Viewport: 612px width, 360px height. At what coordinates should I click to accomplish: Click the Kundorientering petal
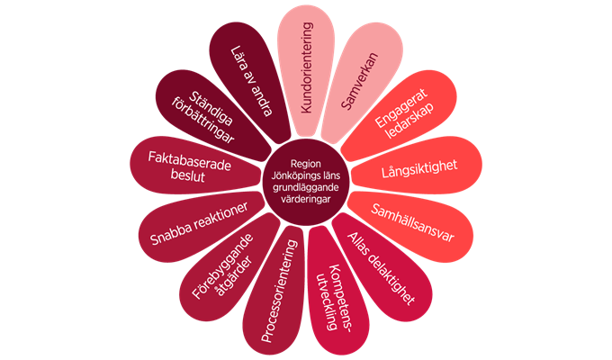[x=306, y=70]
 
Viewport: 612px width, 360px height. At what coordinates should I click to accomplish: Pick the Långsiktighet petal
[x=418, y=166]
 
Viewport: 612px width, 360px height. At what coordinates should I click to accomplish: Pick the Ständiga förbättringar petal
[x=209, y=114]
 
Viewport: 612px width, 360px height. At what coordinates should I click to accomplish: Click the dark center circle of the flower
[x=306, y=181]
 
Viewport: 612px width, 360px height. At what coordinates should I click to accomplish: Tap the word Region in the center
[x=306, y=164]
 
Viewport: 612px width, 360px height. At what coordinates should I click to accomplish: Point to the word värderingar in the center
[x=306, y=199]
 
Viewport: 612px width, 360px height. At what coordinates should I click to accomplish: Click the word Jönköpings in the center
[x=294, y=175]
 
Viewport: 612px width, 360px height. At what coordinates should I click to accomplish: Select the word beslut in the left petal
[x=187, y=175]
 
